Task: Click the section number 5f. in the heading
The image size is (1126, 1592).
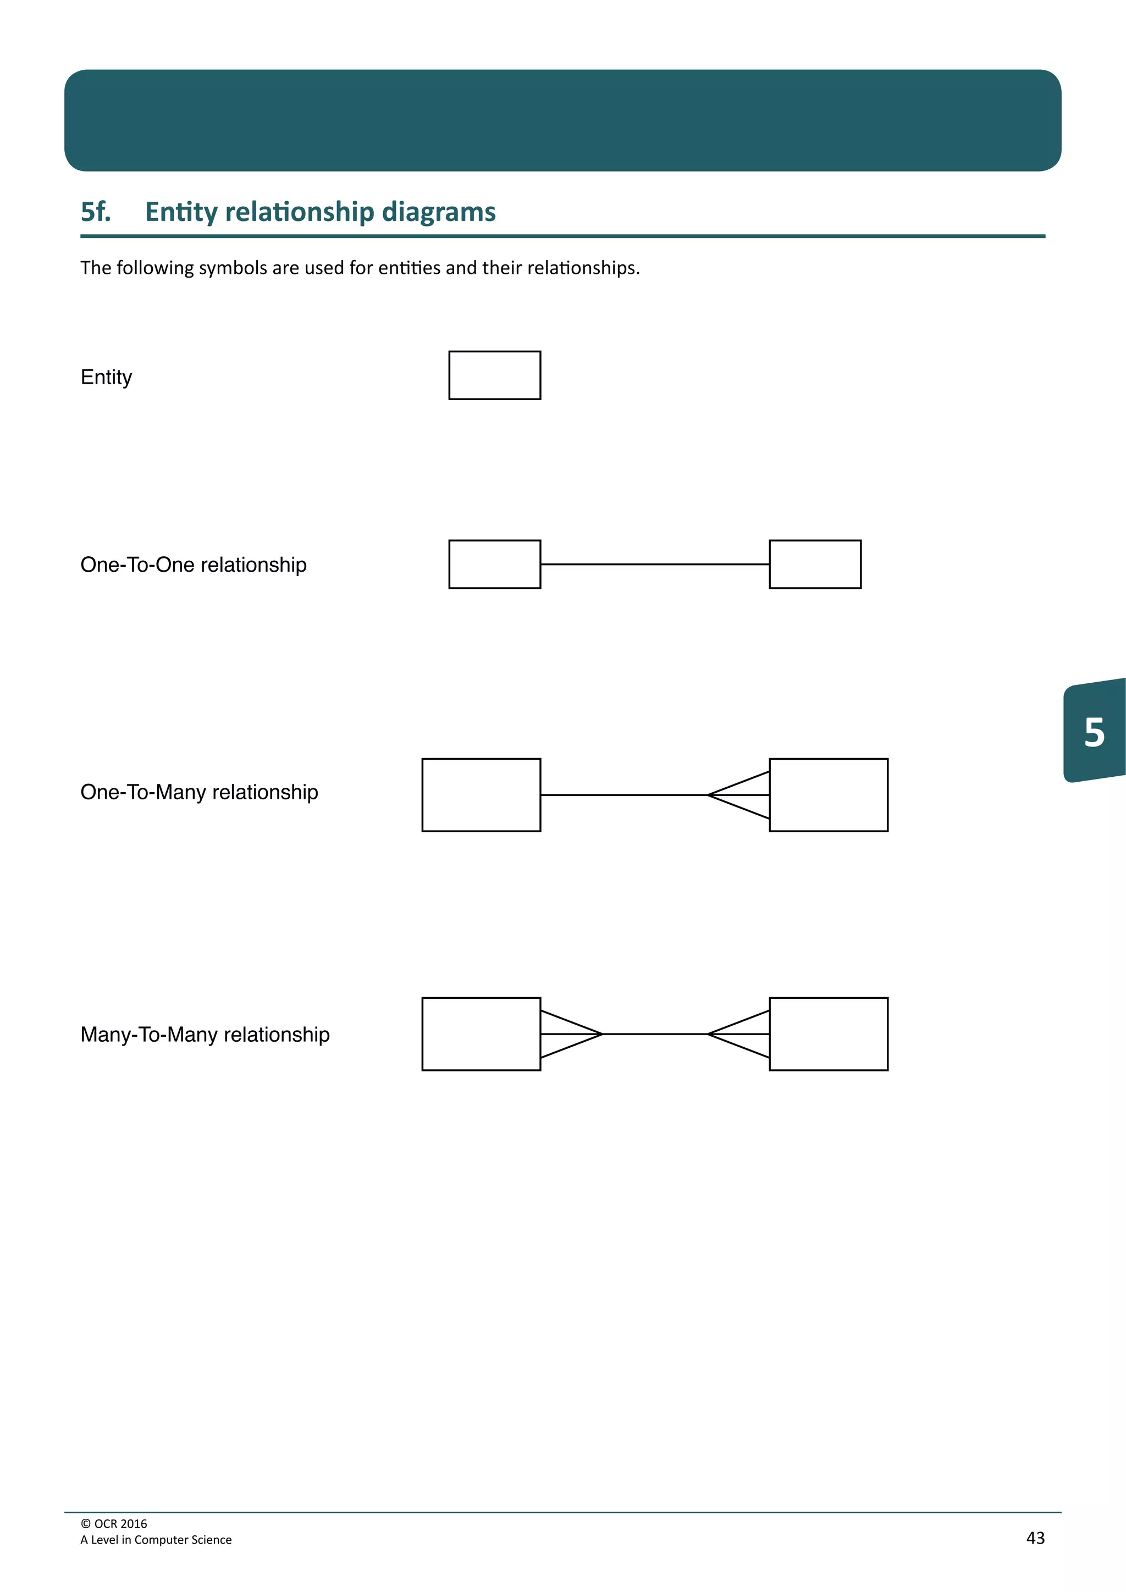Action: point(96,212)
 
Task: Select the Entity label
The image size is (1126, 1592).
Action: point(106,377)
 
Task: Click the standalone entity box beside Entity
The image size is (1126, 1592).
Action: point(494,375)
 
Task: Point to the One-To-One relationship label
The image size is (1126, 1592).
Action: point(194,565)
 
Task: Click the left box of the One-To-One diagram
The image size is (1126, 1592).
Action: point(494,565)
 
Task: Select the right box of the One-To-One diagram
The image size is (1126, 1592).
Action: point(815,565)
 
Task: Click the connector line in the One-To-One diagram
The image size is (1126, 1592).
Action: point(654,565)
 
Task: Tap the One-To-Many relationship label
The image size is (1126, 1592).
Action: point(199,792)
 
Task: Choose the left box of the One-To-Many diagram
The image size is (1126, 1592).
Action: point(481,794)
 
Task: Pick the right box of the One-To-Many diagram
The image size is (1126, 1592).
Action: point(829,794)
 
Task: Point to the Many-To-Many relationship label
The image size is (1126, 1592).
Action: point(205,1035)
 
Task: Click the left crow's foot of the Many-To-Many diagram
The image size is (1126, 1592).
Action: point(570,1034)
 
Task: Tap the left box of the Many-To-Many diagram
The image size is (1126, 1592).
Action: point(481,1034)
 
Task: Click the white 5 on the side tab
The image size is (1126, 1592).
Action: point(1094,732)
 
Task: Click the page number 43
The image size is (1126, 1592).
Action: point(1035,1538)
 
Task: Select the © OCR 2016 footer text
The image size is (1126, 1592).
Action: point(114,1523)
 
